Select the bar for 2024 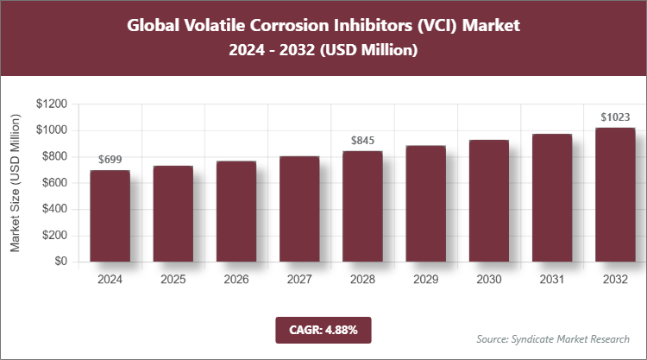coord(110,216)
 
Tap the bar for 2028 coord(362,206)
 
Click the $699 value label coord(110,160)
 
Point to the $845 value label coord(362,140)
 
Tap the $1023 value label coord(614,117)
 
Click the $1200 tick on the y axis coord(52,104)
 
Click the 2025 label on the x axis coord(173,280)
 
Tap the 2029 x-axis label coord(425,280)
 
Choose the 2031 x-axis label coord(551,280)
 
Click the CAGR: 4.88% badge coord(323,330)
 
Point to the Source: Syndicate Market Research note coord(553,338)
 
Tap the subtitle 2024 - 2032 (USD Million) coord(323,51)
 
